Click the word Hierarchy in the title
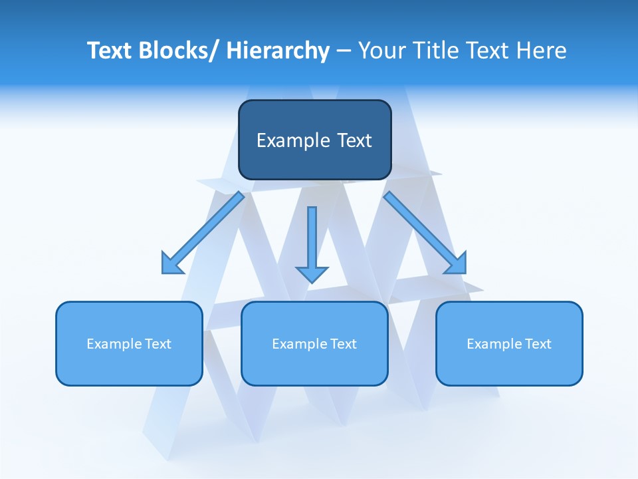278,51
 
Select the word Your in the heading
381,51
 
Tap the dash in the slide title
344,51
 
